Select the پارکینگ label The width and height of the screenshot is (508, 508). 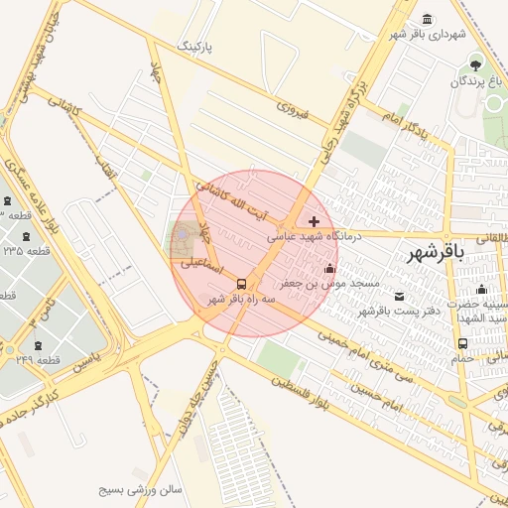[x=194, y=48]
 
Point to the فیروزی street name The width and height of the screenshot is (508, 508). [x=294, y=109]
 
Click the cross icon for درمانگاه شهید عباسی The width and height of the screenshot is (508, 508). [x=316, y=221]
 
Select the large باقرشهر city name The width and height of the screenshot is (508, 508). [x=436, y=254]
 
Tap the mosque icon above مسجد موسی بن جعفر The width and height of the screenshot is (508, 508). [x=329, y=268]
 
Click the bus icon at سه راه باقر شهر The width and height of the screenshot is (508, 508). [x=241, y=284]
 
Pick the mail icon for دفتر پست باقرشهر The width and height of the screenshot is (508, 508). [x=400, y=297]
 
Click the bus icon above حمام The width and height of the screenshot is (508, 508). [x=462, y=343]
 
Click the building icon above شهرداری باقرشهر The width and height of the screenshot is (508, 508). [x=427, y=20]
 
